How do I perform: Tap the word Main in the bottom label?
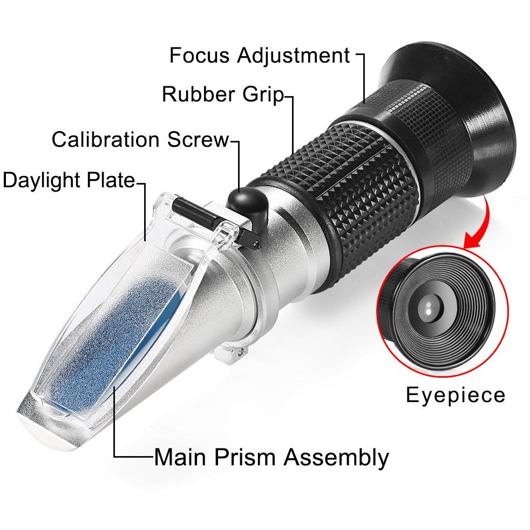click(x=179, y=458)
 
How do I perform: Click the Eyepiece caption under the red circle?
click(x=456, y=395)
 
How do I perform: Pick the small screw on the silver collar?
click(x=238, y=355)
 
